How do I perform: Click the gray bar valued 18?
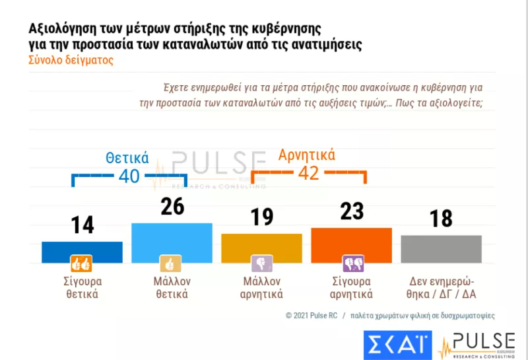pyautogui.click(x=441, y=248)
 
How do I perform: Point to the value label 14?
pyautogui.click(x=82, y=225)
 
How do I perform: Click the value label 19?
pyautogui.click(x=262, y=216)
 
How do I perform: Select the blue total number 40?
pyautogui.click(x=129, y=176)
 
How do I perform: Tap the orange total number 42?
pyautogui.click(x=309, y=173)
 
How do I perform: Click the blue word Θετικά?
pyautogui.click(x=127, y=158)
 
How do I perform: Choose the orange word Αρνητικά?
pyautogui.click(x=307, y=155)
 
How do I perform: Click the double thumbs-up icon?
pyautogui.click(x=82, y=264)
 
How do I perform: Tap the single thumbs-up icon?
pyautogui.click(x=172, y=264)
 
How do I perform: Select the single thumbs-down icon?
pyautogui.click(x=261, y=264)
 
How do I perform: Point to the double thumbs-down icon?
pyautogui.click(x=351, y=264)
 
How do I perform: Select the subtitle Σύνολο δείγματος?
pyautogui.click(x=71, y=60)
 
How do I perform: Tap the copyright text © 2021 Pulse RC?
pyautogui.click(x=312, y=315)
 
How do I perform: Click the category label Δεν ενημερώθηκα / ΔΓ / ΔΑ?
pyautogui.click(x=441, y=287)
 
